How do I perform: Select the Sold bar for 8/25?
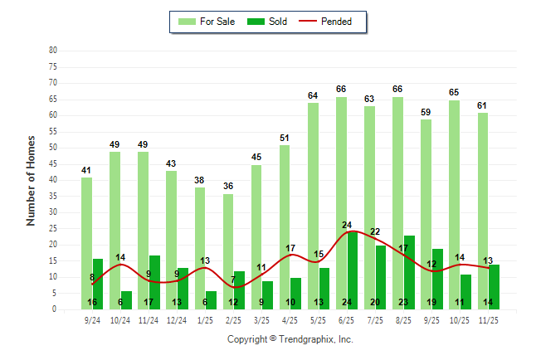[409, 265]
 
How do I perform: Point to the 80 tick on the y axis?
[53, 50]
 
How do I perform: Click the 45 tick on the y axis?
[53, 163]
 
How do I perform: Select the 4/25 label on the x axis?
[290, 319]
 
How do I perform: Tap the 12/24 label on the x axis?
[177, 319]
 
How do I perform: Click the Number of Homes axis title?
[32, 180]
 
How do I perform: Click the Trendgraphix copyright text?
[290, 339]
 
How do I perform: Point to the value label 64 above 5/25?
[313, 95]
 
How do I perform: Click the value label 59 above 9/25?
[426, 112]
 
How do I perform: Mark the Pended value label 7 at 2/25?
[233, 280]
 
